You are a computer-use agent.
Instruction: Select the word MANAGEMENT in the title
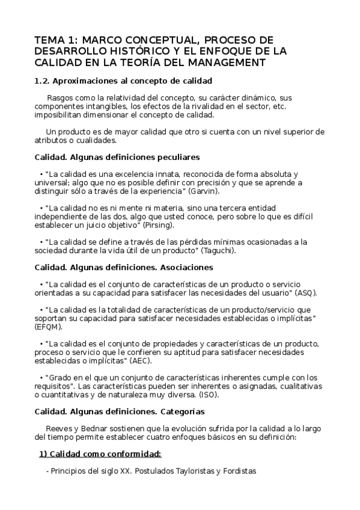(223, 63)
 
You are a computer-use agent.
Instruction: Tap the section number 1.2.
(42, 81)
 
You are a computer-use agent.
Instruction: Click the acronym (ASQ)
(307, 292)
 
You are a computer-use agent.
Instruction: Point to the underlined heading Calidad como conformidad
(100, 453)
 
